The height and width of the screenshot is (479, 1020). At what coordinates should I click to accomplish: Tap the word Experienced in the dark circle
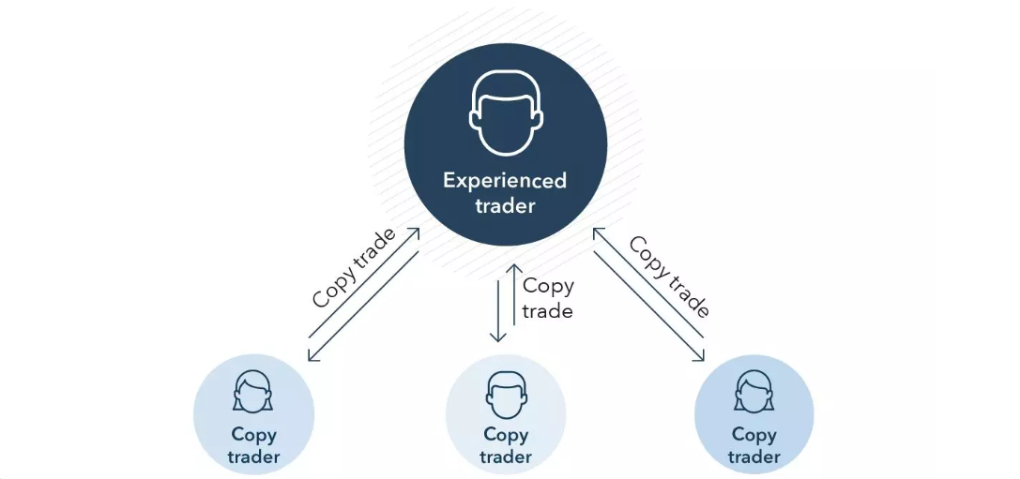click(505, 180)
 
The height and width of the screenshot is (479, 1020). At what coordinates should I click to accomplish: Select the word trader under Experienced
click(505, 205)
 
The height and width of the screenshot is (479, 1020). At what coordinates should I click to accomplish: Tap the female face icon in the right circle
click(754, 392)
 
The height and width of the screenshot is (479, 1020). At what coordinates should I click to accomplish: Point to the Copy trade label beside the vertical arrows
click(547, 298)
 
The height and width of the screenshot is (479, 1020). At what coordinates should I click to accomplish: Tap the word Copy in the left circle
click(253, 435)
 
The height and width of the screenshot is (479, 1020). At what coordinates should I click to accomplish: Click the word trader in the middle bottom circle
click(506, 457)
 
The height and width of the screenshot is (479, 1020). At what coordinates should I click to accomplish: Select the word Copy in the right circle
click(754, 435)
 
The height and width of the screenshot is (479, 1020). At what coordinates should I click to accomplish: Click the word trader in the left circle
click(253, 457)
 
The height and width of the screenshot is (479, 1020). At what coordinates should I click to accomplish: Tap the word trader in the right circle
click(754, 457)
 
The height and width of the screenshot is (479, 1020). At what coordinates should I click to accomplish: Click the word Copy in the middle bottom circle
click(506, 435)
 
